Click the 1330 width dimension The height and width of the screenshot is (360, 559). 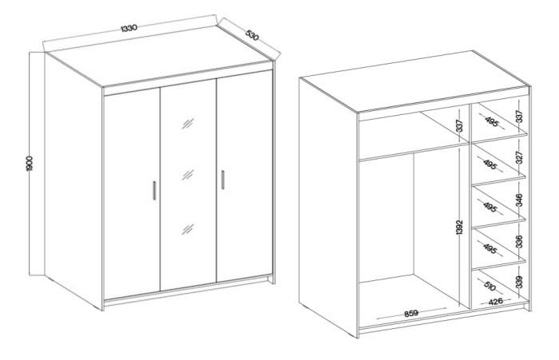tap(129, 27)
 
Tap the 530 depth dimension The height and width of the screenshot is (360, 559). tap(252, 35)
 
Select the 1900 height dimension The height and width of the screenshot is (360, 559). tap(30, 164)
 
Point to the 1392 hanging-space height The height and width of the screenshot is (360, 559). tap(459, 227)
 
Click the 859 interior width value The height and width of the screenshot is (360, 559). tap(411, 314)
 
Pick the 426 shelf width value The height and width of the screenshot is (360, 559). tap(496, 302)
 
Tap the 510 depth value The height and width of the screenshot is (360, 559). tap(490, 285)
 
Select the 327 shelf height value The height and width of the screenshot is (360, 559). tap(519, 157)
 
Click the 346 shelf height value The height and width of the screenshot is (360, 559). tap(519, 200)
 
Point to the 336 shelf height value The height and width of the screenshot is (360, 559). tap(519, 241)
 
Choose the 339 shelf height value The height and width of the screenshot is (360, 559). tap(519, 282)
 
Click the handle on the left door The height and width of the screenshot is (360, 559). tap(154, 190)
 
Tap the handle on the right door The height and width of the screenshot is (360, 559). tap(223, 180)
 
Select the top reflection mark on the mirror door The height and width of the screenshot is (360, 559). tap(188, 124)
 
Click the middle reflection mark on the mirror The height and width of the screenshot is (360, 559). tap(188, 175)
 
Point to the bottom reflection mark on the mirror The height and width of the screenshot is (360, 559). tap(188, 229)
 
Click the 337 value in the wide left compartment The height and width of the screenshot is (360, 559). tap(459, 126)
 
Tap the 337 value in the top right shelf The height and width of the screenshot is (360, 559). tap(519, 117)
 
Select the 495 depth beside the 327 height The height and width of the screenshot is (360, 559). tap(490, 164)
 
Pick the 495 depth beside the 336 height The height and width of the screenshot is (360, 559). tap(490, 248)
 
